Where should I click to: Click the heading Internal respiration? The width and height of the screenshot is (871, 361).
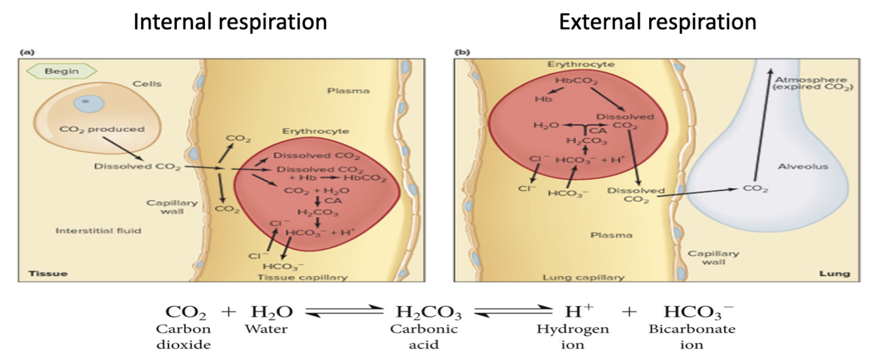pyautogui.click(x=230, y=22)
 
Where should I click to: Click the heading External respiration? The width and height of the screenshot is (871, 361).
pyautogui.click(x=657, y=22)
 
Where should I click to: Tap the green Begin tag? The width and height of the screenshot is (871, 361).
pyautogui.click(x=62, y=71)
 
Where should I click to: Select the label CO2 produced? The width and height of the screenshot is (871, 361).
pyautogui.click(x=101, y=129)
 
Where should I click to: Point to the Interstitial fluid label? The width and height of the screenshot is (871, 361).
pyautogui.click(x=98, y=230)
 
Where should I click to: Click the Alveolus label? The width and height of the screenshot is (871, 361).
pyautogui.click(x=802, y=166)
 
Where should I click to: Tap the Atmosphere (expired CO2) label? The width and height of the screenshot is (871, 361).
pyautogui.click(x=812, y=84)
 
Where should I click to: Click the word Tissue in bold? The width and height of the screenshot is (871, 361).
pyautogui.click(x=47, y=273)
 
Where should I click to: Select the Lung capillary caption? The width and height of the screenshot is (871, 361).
pyautogui.click(x=584, y=277)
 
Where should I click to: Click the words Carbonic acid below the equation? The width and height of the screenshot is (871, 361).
pyautogui.click(x=424, y=336)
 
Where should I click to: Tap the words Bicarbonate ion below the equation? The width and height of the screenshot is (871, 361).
pyautogui.click(x=691, y=336)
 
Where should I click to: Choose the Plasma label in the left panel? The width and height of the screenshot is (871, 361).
pyautogui.click(x=349, y=91)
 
